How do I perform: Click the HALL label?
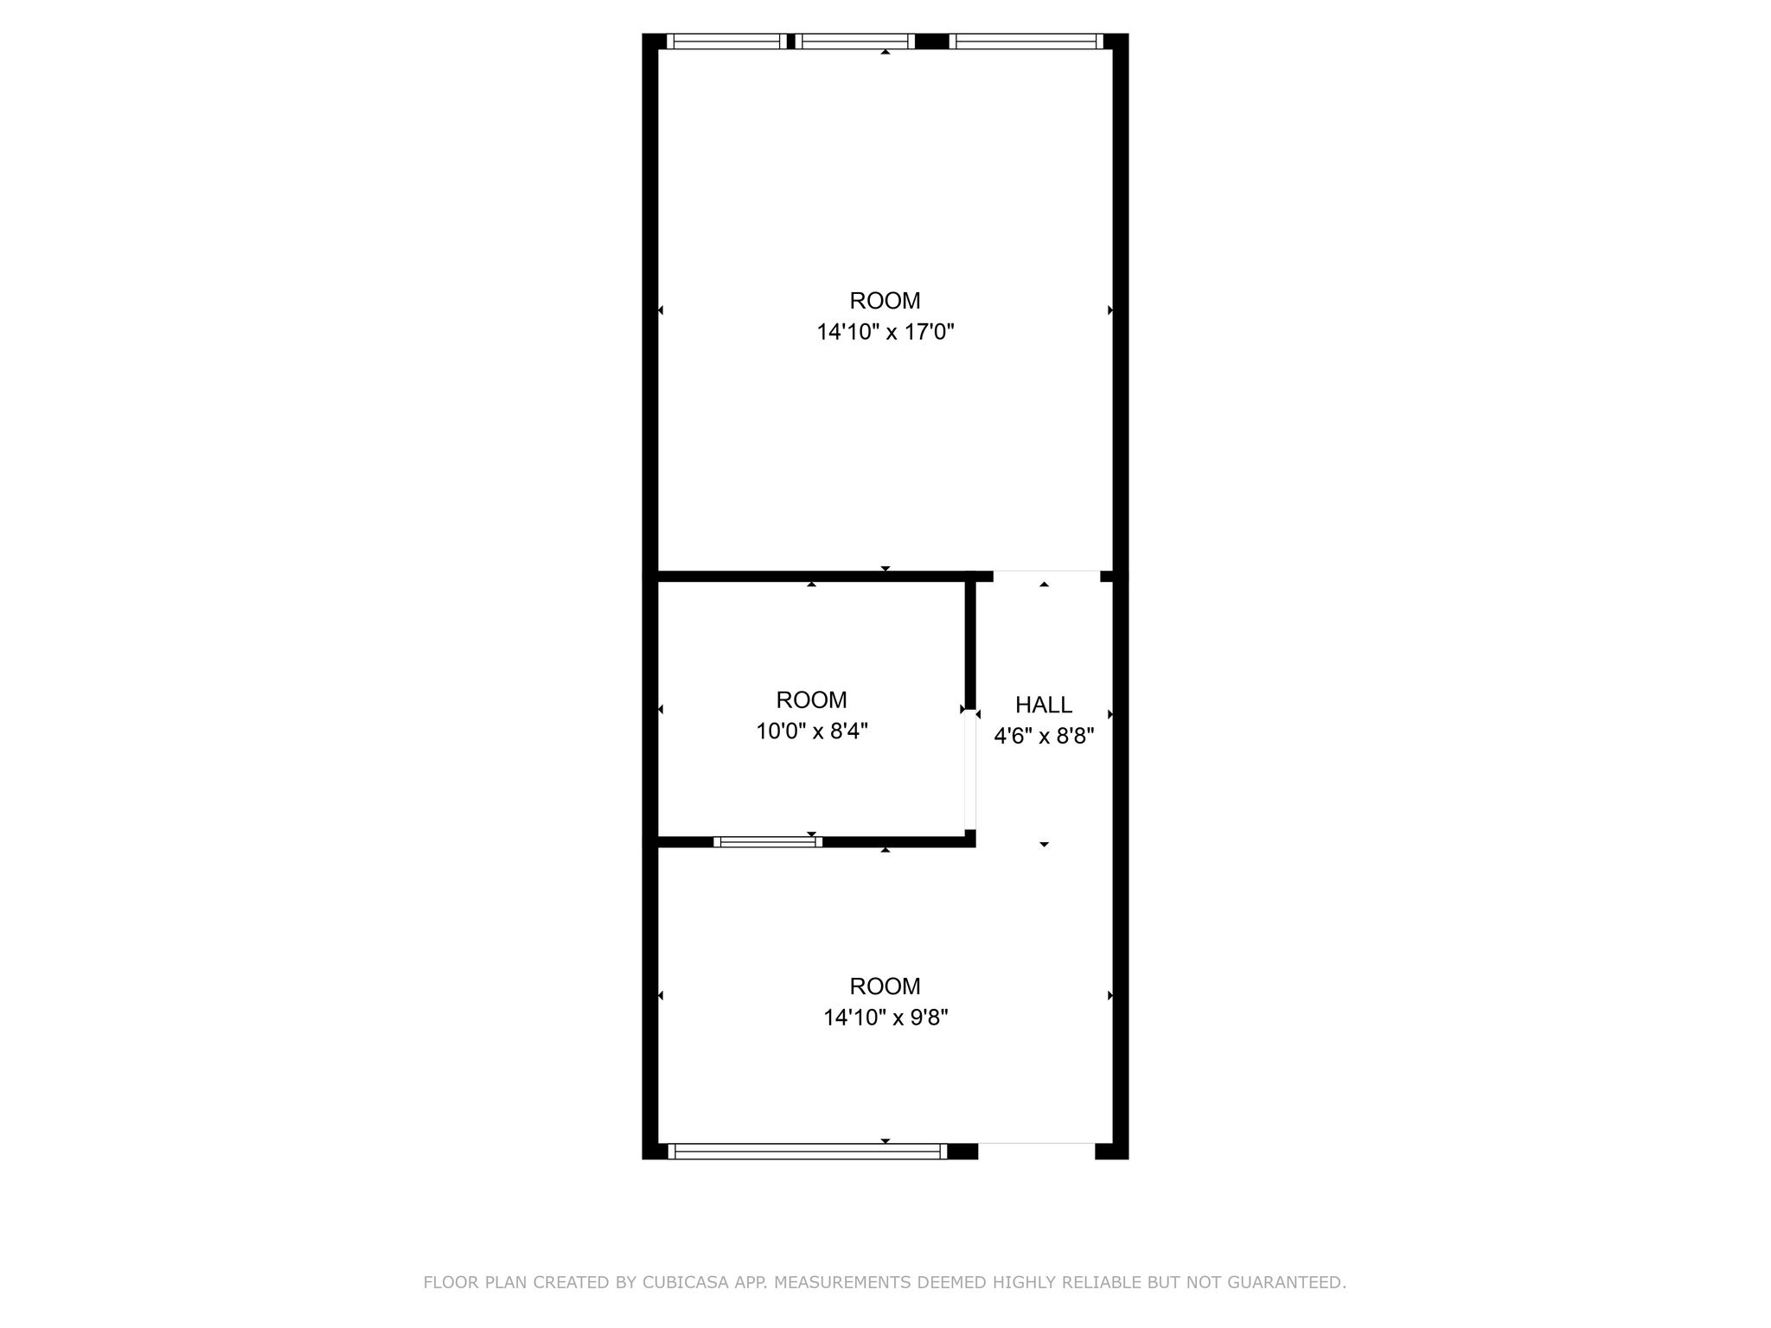[x=1044, y=705]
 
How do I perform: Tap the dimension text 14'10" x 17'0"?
[x=885, y=332]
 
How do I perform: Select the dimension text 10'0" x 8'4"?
[x=811, y=731]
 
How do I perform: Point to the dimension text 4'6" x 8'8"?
[x=1044, y=737]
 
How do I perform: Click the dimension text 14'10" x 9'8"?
[x=885, y=1018]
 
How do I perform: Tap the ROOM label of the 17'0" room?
[x=885, y=301]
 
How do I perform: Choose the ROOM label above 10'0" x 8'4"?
[x=811, y=699]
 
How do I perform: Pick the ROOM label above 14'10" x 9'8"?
[x=885, y=986]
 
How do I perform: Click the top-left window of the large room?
[x=726, y=41]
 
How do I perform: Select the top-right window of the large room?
[x=1026, y=41]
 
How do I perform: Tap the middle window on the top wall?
[x=854, y=41]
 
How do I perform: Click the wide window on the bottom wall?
[x=808, y=1151]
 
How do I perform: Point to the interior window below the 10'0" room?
[x=768, y=841]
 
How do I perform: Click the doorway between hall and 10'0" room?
[x=970, y=769]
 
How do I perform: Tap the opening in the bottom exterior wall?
[x=1036, y=1151]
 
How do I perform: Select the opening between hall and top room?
[x=1046, y=575]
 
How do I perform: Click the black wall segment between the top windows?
[x=931, y=41]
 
